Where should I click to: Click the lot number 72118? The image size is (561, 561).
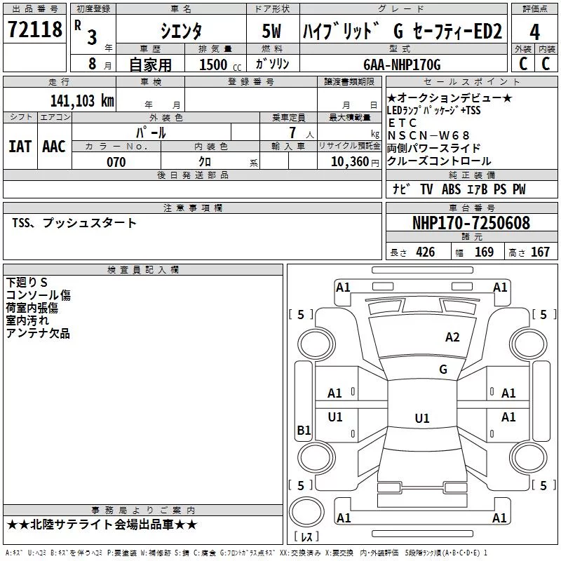(x=34, y=29)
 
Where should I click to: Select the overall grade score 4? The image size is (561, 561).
(x=534, y=32)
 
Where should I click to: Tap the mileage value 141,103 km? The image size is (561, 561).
(x=82, y=101)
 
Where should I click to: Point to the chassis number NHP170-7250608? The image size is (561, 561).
(x=471, y=222)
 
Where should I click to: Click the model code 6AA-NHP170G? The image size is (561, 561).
(x=402, y=65)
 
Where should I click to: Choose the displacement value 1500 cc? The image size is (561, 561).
(x=220, y=65)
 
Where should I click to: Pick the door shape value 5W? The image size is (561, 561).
(x=271, y=31)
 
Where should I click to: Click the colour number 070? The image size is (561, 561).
(x=116, y=162)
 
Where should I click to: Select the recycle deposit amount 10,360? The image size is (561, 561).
(x=350, y=162)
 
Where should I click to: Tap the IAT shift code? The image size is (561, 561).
(x=20, y=147)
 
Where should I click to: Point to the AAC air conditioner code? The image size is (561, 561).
(x=54, y=147)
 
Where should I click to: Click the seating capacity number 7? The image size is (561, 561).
(x=292, y=133)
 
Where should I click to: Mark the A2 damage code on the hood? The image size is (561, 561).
(x=452, y=337)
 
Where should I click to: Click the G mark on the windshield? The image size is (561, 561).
(x=443, y=370)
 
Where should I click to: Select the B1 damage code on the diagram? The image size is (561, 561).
(x=304, y=430)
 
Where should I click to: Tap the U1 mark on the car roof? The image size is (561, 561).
(x=422, y=418)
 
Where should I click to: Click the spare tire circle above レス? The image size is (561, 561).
(x=306, y=512)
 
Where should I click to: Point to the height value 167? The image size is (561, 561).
(x=540, y=252)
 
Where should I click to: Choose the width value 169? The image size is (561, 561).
(x=484, y=252)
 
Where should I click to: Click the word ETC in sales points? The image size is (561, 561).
(x=402, y=123)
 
